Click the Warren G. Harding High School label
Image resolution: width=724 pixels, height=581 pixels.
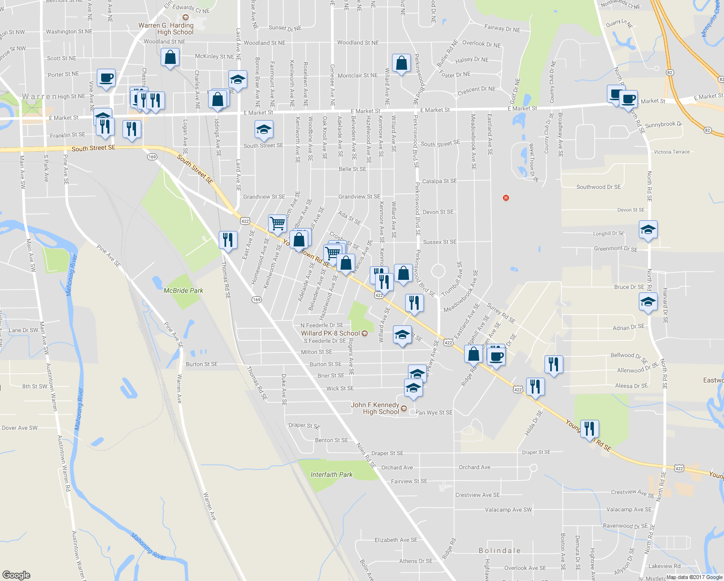pyautogui.click(x=166, y=29)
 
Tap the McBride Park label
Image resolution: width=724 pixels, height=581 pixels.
pyautogui.click(x=183, y=290)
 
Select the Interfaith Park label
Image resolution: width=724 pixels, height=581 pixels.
pyautogui.click(x=332, y=474)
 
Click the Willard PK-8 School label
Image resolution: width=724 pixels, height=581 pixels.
pyautogui.click(x=331, y=333)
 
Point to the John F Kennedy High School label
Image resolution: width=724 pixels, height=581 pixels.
pyautogui.click(x=376, y=408)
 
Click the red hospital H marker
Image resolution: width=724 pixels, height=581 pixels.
pyautogui.click(x=506, y=198)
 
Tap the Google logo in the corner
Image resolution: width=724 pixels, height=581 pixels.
pyautogui.click(x=16, y=575)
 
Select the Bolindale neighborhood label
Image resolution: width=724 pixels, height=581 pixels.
pyautogui.click(x=499, y=550)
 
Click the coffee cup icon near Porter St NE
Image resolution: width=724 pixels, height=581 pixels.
pyautogui.click(x=106, y=78)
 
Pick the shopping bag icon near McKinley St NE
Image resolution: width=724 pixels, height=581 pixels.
pyautogui.click(x=170, y=58)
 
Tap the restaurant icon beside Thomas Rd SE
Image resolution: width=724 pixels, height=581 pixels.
pyautogui.click(x=227, y=240)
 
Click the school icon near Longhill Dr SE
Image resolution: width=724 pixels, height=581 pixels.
pyautogui.click(x=648, y=229)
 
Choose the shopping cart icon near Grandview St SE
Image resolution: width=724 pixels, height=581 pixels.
pyautogui.click(x=277, y=224)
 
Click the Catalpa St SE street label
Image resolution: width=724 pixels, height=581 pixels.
pyautogui.click(x=439, y=181)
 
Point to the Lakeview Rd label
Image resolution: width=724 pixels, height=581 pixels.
pyautogui.click(x=664, y=566)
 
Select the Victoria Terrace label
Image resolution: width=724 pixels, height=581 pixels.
pyautogui.click(x=672, y=152)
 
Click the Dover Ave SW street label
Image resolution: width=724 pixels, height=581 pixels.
pyautogui.click(x=19, y=428)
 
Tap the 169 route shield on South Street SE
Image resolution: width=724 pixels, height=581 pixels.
pyautogui.click(x=152, y=157)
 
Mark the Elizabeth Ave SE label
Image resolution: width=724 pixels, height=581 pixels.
pyautogui.click(x=395, y=540)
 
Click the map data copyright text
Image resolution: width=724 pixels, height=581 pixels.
pyautogui.click(x=694, y=577)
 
